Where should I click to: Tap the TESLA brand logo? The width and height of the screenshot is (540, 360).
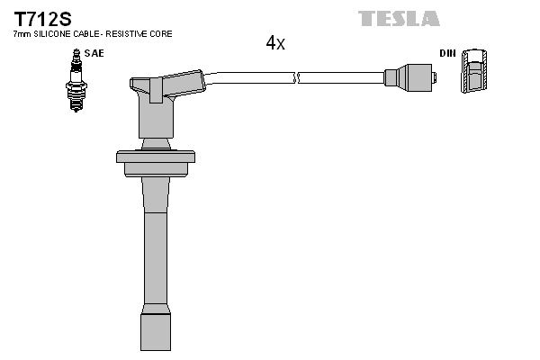[399, 18]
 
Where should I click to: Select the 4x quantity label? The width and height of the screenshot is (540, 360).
[275, 43]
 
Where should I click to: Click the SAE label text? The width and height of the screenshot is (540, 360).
[94, 53]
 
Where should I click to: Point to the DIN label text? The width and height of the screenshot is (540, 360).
[447, 53]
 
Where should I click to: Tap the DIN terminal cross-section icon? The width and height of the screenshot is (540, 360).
[474, 72]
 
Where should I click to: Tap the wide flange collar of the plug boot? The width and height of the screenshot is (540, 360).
[156, 157]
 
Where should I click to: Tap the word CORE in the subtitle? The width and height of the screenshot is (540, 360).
[161, 34]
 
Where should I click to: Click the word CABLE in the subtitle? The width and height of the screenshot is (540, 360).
[85, 34]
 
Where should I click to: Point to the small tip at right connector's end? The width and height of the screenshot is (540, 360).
[434, 78]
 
